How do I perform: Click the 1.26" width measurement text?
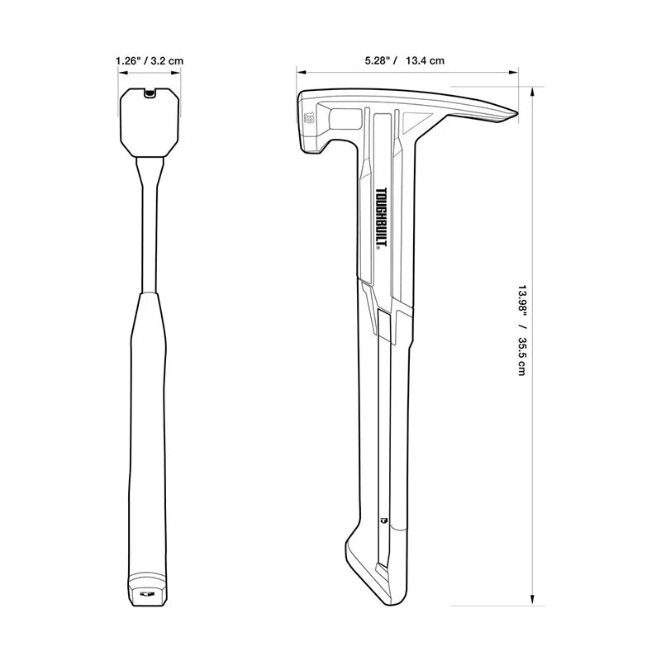[x=129, y=59]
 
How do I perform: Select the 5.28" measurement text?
[x=376, y=59]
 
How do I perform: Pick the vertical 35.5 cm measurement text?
[x=522, y=356]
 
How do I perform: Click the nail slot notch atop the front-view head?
[x=149, y=93]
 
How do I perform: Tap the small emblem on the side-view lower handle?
[x=383, y=521]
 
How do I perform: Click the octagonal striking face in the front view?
[x=149, y=124]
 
